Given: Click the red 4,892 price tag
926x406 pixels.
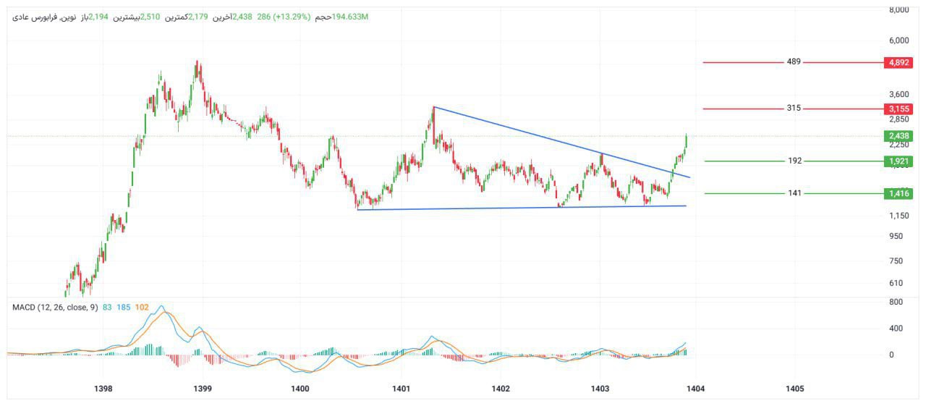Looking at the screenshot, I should (898, 63).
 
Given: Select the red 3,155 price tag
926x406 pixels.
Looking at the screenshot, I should (898, 109).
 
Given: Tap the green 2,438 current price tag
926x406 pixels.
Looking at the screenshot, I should (898, 136).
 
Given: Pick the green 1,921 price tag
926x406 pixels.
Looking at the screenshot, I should (898, 161).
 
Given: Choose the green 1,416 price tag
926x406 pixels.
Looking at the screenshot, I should (898, 193).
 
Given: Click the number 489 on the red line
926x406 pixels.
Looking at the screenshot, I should (794, 62).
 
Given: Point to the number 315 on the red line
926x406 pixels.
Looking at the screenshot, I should (794, 109).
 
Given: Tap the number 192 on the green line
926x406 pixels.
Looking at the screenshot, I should (794, 161).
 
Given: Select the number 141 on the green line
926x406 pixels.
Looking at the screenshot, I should (794, 193).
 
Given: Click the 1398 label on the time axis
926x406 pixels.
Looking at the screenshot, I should (103, 389).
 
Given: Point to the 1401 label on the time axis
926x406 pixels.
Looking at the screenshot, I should (401, 389).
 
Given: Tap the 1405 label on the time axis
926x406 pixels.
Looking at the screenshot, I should (794, 389).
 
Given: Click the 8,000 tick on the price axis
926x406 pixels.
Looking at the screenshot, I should (899, 10).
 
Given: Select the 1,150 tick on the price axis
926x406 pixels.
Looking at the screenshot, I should (899, 216).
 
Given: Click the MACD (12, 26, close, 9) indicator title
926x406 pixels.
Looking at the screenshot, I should (55, 308).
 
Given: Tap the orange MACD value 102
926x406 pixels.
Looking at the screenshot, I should (142, 308).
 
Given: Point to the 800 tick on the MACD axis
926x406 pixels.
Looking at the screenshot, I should (896, 302).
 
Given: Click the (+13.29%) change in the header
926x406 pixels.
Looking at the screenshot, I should (290, 17).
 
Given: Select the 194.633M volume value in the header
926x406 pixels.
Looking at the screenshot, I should (350, 17).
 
